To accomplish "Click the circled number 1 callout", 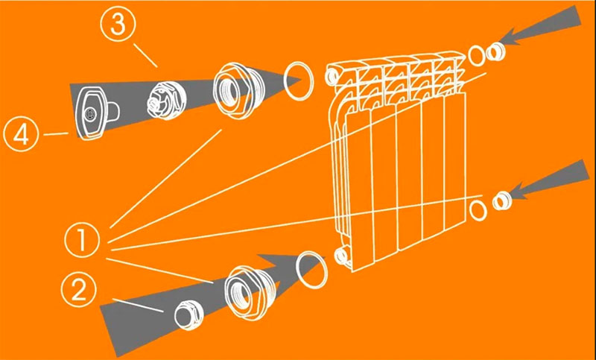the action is [x=82, y=241].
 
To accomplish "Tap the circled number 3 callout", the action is [x=118, y=25].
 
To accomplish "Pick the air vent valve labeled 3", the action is [x=166, y=100].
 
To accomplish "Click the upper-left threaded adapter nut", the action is [x=238, y=89].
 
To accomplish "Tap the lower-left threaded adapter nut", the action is [x=247, y=290].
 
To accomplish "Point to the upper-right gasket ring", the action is [x=477, y=55].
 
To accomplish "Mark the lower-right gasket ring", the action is [x=478, y=211].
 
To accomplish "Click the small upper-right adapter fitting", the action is [x=495, y=52].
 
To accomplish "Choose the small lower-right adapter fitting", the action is [x=502, y=200].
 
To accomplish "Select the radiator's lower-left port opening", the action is [x=342, y=255].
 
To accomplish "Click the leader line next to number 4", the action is [x=56, y=134].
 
